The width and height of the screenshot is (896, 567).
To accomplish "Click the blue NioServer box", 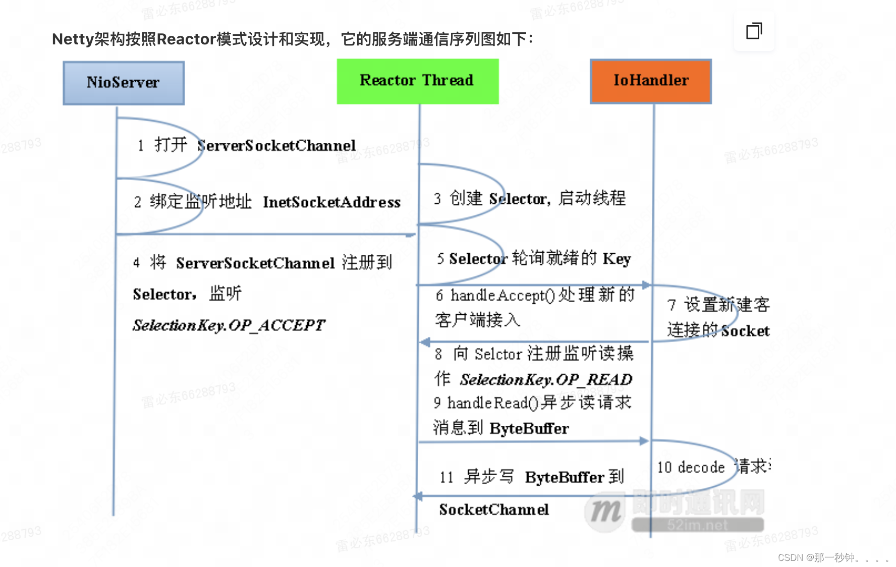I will [124, 83].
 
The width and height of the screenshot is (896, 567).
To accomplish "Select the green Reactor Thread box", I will [417, 81].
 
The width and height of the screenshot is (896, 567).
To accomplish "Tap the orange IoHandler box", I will [651, 81].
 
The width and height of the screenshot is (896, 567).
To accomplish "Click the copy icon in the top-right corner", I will [754, 31].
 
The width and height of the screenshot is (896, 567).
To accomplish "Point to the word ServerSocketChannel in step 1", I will [276, 146].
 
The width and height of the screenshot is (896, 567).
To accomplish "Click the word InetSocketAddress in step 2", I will [331, 202].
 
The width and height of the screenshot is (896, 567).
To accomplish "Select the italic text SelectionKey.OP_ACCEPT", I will [229, 325].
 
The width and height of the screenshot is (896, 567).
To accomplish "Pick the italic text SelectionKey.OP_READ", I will [546, 379].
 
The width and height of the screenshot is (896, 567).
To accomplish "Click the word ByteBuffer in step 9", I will [529, 429].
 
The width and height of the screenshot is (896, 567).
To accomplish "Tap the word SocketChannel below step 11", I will [494, 509].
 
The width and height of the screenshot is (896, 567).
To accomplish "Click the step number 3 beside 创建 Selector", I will [437, 199].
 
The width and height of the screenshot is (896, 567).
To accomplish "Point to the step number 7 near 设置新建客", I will [671, 305].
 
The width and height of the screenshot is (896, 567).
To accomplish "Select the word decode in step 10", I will [701, 468].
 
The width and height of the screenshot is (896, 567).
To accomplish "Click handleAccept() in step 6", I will [502, 296].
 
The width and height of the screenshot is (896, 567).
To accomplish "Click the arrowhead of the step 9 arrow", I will [644, 441].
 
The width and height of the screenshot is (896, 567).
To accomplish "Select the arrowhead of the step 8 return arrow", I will [425, 343].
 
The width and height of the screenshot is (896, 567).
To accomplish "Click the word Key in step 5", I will [617, 259].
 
